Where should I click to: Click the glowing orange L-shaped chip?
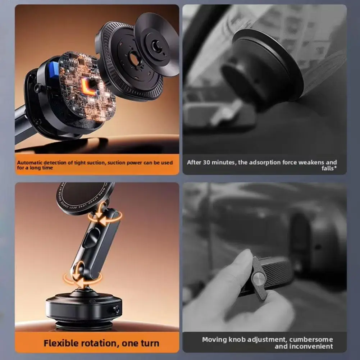click(87, 87)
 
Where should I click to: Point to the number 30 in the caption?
click(206, 163)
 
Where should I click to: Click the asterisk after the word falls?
click(336, 168)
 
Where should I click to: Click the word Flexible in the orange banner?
click(61, 343)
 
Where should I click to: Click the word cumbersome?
click(313, 340)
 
